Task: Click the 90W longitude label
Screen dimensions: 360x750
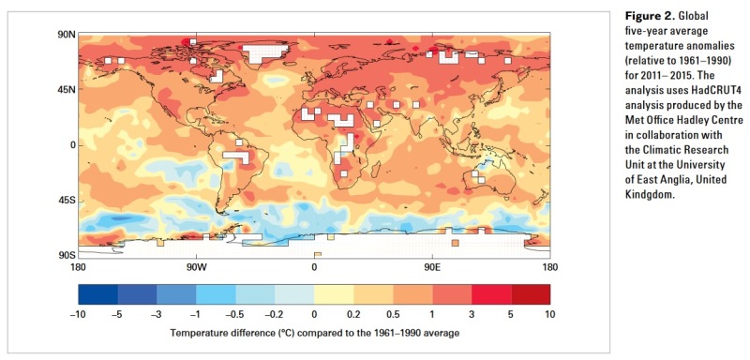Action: (195, 267)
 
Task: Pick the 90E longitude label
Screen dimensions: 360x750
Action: (431, 267)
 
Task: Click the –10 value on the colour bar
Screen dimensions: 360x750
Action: (79, 315)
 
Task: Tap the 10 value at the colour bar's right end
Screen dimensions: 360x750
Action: (550, 315)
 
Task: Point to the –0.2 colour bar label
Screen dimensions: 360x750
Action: (275, 315)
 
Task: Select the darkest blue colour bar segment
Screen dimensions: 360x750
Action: (98, 294)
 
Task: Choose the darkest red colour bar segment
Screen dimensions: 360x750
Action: (530, 294)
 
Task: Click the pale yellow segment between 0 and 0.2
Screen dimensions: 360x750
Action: (334, 294)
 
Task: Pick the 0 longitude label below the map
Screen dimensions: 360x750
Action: (314, 267)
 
